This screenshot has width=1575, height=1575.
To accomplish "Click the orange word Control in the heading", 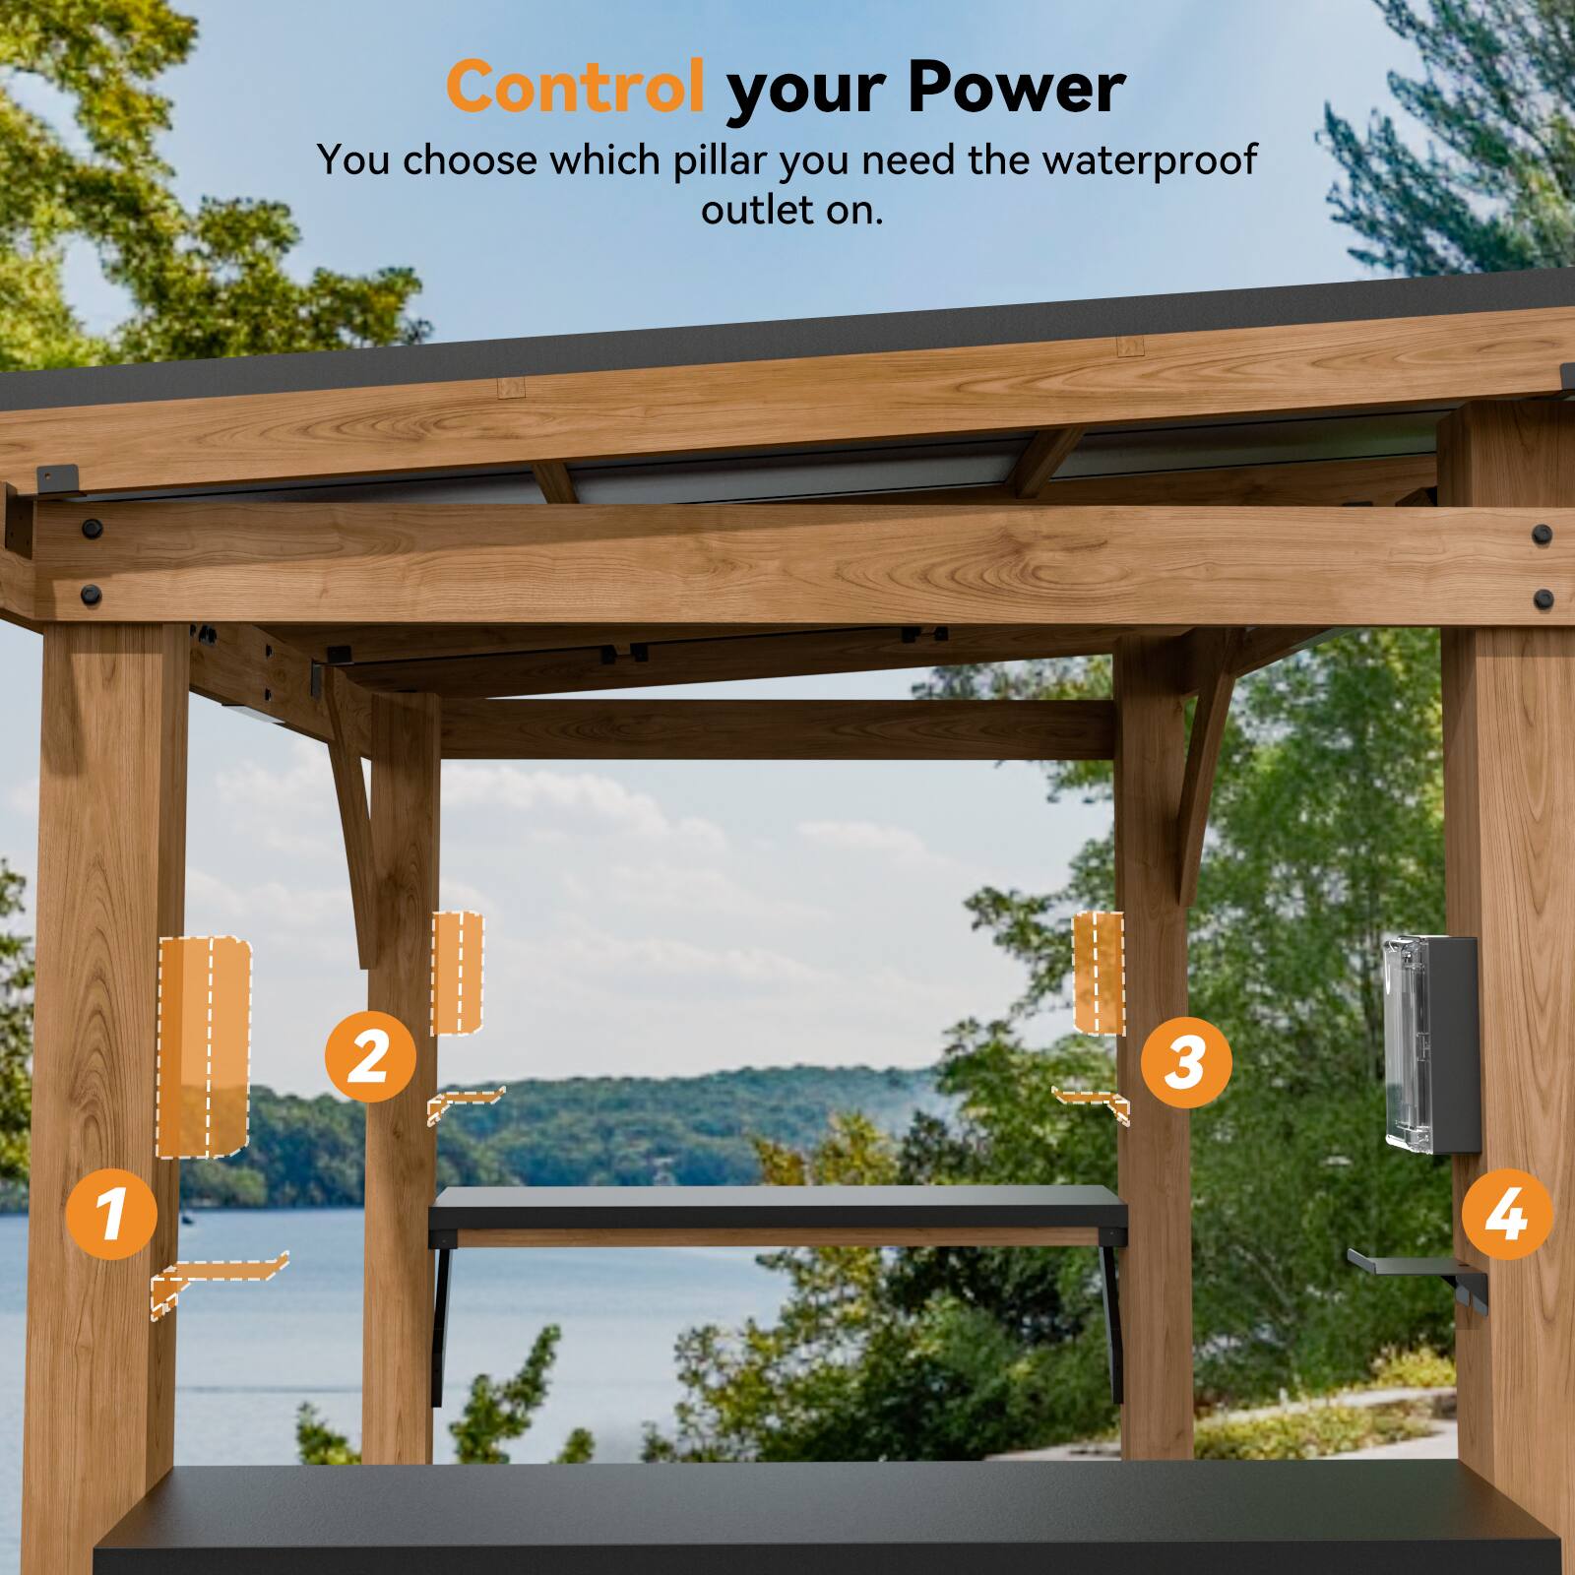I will pyautogui.click(x=575, y=87).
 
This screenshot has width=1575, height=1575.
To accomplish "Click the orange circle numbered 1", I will pyautogui.click(x=111, y=1213).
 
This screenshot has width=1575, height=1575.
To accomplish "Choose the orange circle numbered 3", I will pyautogui.click(x=1186, y=1062).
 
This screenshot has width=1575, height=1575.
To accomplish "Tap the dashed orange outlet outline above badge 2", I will pyautogui.click(x=458, y=973).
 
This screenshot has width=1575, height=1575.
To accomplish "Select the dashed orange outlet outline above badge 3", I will pyautogui.click(x=1098, y=973).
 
